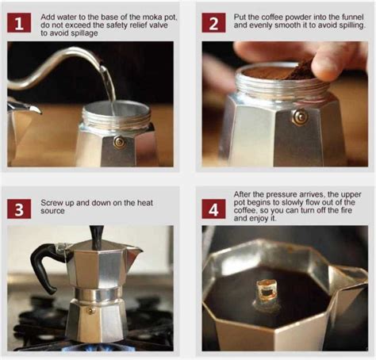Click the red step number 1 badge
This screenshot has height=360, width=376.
(x=19, y=21)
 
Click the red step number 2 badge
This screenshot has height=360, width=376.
(x=213, y=21)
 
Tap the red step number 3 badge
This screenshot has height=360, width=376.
(x=19, y=208)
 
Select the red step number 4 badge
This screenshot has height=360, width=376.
(x=213, y=208)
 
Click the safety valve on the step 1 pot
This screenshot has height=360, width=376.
(x=118, y=142)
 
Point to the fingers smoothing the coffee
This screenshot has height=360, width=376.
(x=333, y=59)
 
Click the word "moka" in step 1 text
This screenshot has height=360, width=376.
(x=143, y=17)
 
